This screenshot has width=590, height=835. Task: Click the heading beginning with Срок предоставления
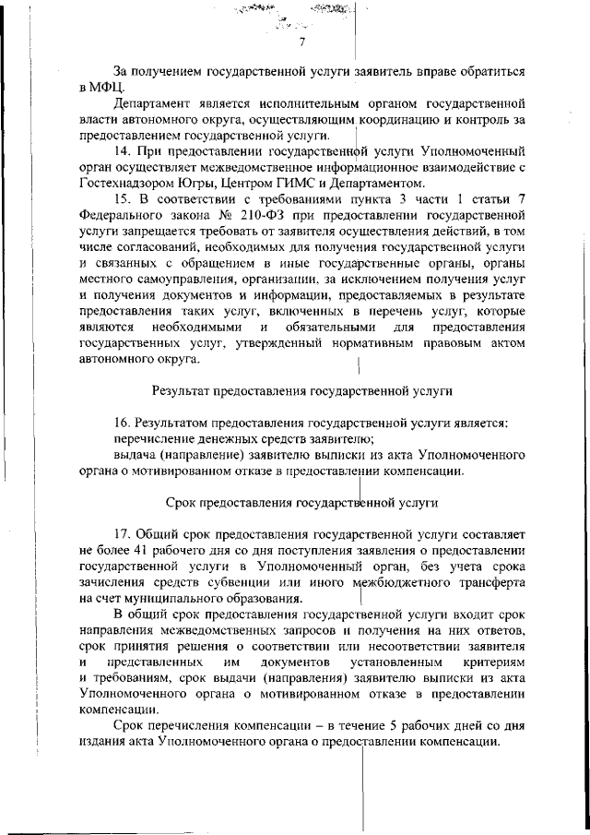301,504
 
